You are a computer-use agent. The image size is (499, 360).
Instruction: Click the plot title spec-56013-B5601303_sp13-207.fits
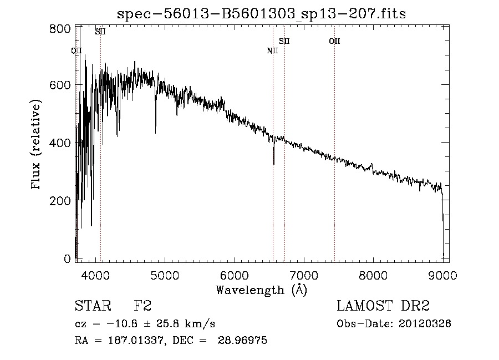261,13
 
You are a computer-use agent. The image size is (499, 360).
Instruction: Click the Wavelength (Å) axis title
261,290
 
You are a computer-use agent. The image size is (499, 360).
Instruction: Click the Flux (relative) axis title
37,145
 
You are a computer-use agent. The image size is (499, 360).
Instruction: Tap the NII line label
272,51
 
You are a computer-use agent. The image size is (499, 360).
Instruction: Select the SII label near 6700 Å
284,41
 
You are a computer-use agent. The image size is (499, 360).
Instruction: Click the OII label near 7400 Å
334,41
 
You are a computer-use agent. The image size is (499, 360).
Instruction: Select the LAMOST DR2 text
383,306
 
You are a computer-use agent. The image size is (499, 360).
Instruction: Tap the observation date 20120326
426,324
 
